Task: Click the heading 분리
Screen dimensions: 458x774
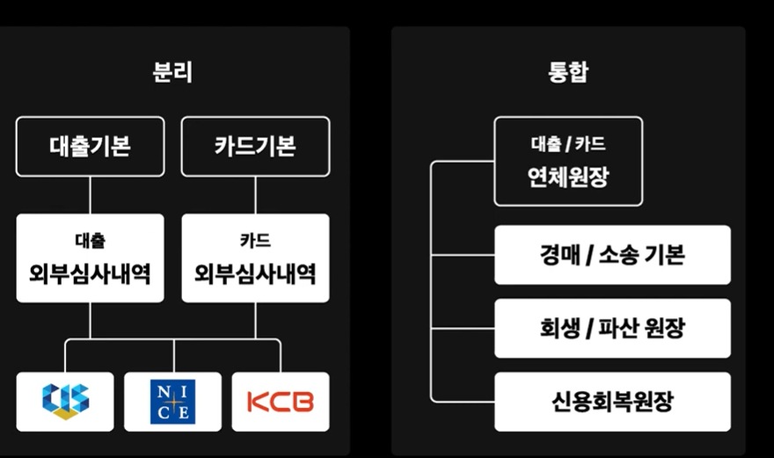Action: (172, 72)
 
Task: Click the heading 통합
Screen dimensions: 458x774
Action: (567, 72)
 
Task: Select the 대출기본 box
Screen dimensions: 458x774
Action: (90, 146)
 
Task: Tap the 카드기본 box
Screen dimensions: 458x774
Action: (255, 146)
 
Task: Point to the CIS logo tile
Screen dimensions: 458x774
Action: (65, 402)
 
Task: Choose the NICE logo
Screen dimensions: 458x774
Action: (172, 402)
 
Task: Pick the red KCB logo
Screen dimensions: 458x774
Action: (280, 402)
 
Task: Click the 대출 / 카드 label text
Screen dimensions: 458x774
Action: (567, 144)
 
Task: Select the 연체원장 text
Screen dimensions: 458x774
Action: (567, 178)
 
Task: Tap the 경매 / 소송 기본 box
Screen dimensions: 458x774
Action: (612, 255)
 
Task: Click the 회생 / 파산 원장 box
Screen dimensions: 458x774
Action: (612, 328)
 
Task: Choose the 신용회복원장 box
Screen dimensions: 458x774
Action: (612, 402)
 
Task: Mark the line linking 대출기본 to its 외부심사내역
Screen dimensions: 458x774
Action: (90, 194)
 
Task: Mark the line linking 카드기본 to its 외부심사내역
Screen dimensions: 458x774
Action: (255, 194)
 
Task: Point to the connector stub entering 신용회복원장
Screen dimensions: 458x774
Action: (462, 402)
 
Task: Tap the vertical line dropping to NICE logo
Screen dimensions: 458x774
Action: (172, 355)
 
